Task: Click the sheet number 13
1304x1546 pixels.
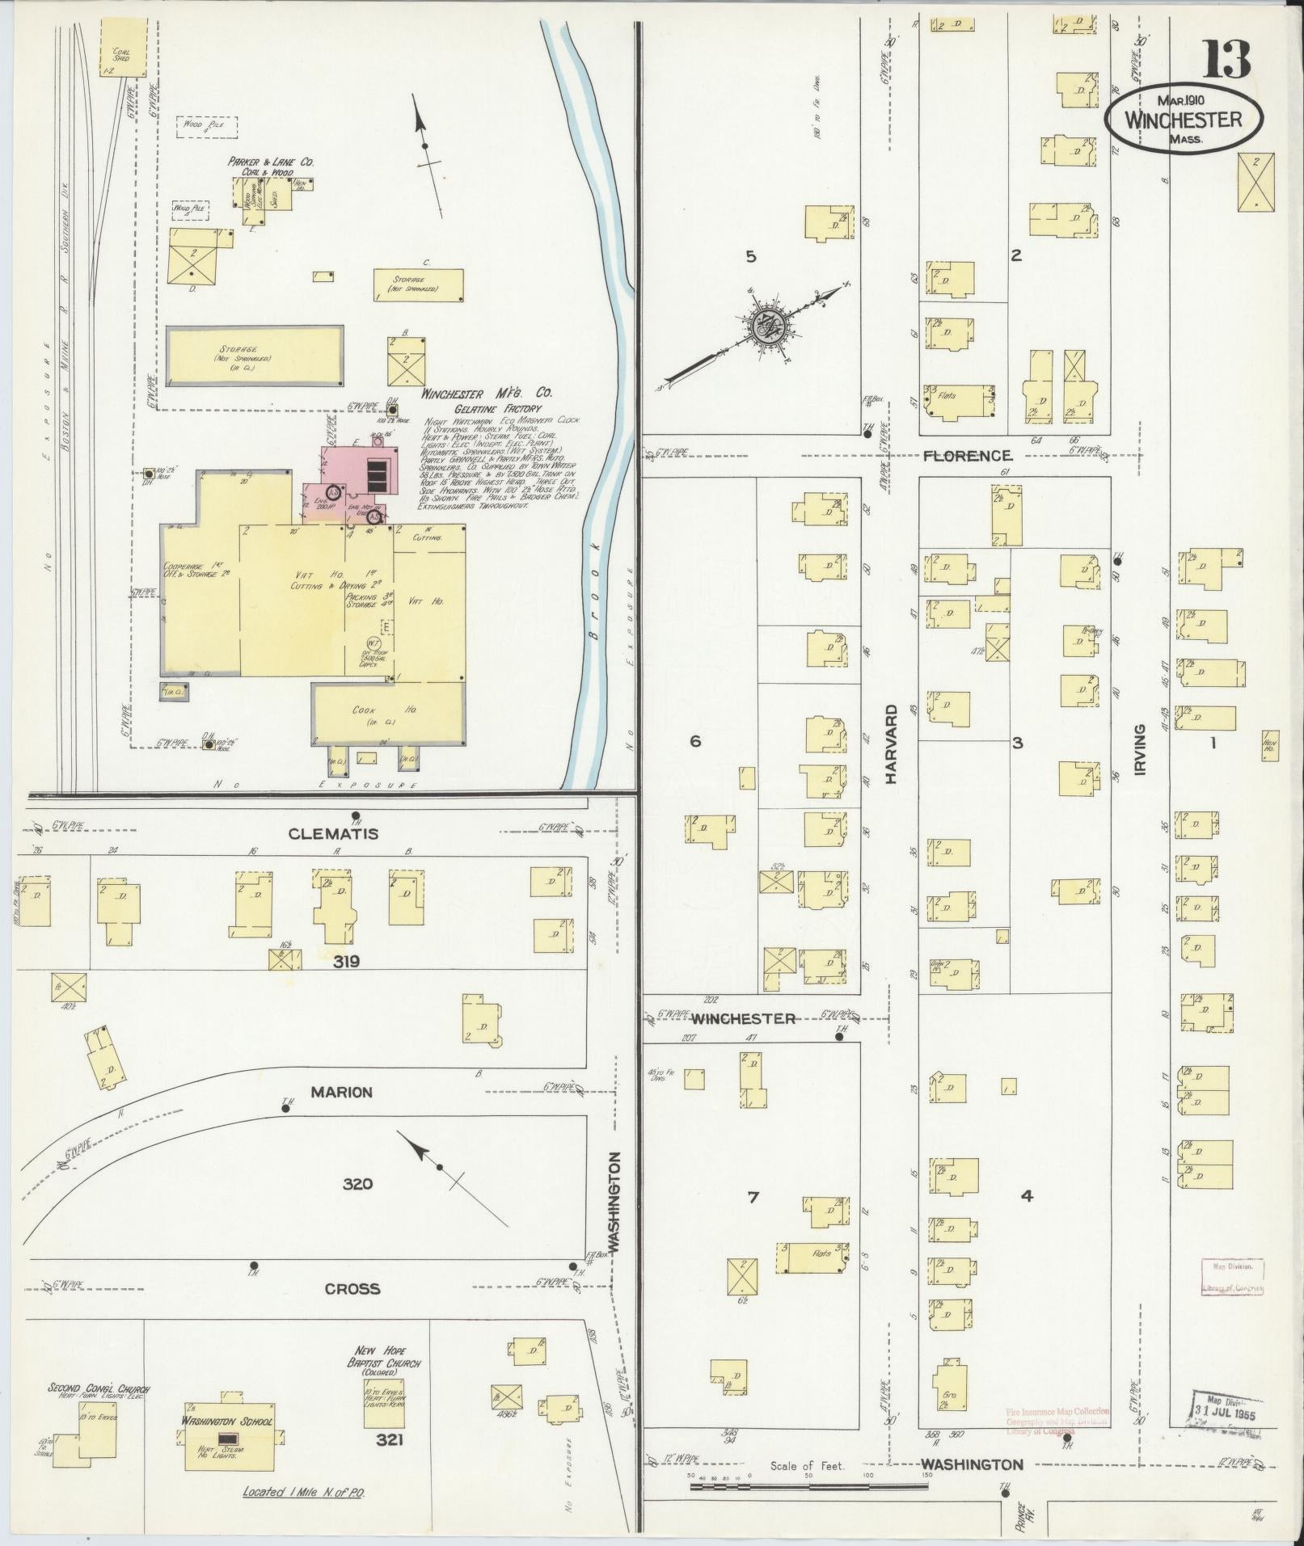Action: (x=1228, y=61)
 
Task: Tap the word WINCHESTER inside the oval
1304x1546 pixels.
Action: (x=1183, y=120)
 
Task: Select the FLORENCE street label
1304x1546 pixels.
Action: (x=967, y=456)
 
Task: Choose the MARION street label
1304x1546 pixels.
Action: (x=342, y=1093)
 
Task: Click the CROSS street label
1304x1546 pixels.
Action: (x=352, y=1289)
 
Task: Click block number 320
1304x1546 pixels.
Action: (x=357, y=1184)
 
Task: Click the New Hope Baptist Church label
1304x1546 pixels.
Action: (x=384, y=1363)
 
